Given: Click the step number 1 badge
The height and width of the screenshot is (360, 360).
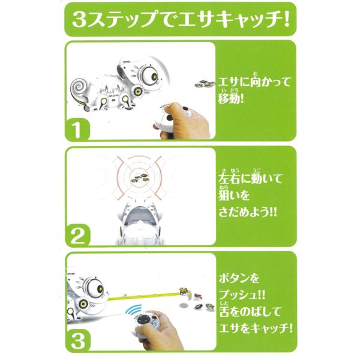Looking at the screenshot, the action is pos(77,130).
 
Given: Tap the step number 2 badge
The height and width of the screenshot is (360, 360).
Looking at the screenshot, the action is pos(77,236).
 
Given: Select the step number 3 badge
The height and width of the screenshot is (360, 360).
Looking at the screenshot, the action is pos(78,341).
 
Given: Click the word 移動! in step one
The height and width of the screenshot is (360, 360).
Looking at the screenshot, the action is pos(231,99).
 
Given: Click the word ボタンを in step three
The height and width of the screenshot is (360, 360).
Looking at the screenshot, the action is pos(239,278).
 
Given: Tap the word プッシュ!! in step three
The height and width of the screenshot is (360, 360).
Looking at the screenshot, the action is pos(242,295).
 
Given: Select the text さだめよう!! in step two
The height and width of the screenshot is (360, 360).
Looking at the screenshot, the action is pos(248,212).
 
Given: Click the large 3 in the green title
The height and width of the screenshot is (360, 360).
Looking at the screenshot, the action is pos(80,20).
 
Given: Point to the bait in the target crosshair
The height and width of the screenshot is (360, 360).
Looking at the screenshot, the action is pos(140,178).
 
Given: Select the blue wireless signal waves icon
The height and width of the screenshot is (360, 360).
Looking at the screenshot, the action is pos(134,310).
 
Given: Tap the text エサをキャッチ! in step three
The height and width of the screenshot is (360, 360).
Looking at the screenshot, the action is pos(256,329).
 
